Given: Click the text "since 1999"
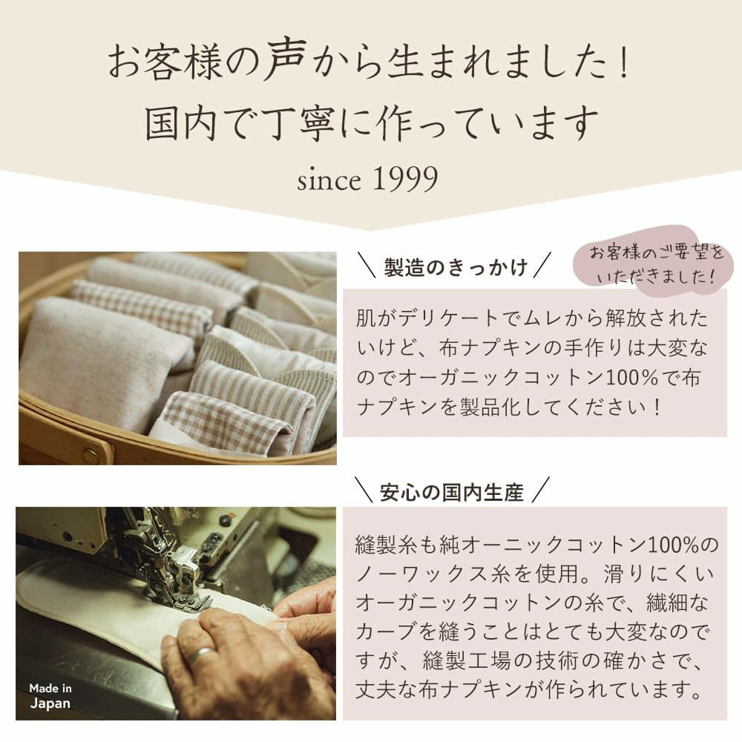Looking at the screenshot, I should [367, 180].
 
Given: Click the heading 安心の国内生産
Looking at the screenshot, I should [451, 491].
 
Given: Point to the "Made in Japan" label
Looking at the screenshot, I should [50, 696].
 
